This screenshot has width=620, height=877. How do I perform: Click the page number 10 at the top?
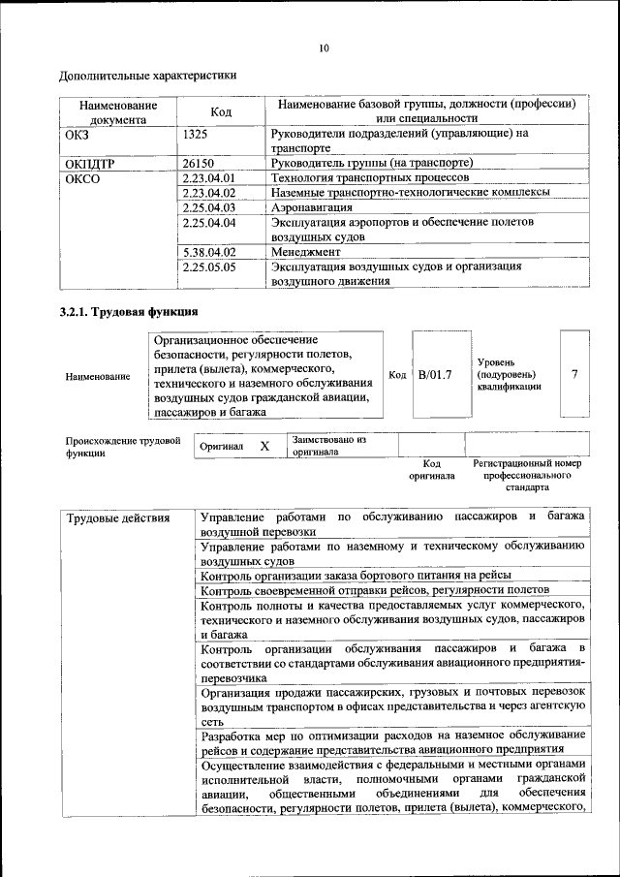[323, 47]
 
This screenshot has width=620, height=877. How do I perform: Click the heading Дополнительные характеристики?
[148, 75]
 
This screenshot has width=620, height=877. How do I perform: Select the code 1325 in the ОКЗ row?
[195, 135]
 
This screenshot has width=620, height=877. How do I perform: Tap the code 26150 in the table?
[198, 164]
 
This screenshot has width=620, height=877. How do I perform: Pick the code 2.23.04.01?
[208, 178]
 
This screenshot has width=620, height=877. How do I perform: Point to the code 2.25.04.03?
[208, 207]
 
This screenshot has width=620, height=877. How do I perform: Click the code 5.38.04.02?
[208, 252]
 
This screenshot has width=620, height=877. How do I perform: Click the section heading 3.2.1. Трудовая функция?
[129, 312]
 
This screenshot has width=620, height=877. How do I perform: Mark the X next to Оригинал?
[263, 446]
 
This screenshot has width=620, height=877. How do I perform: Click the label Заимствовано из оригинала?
[329, 446]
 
